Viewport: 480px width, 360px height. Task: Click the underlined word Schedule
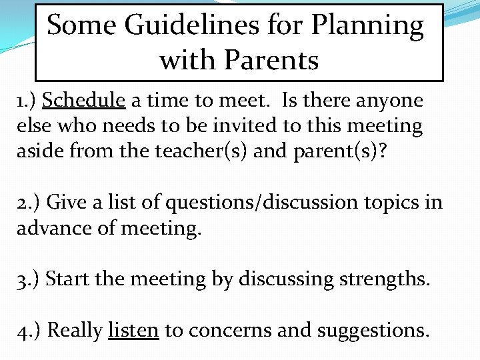click(x=84, y=101)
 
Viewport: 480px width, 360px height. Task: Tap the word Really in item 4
click(x=75, y=329)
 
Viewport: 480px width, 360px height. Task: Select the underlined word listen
click(x=133, y=329)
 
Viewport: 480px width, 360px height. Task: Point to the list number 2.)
click(x=29, y=201)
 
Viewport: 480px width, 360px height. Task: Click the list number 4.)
click(x=29, y=329)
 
